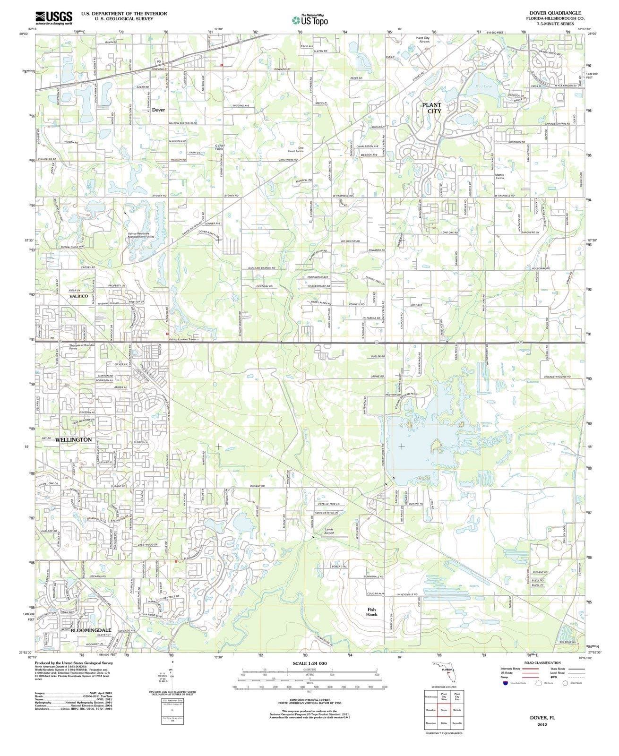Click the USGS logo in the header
(x=54, y=17)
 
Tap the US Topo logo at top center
(x=310, y=20)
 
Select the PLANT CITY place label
(x=431, y=108)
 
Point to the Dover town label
(x=158, y=110)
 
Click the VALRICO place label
(x=78, y=296)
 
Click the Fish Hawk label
(x=371, y=612)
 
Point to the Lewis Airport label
(x=329, y=531)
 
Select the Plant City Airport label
(x=422, y=40)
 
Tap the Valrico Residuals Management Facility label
(x=141, y=235)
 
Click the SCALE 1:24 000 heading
(x=309, y=663)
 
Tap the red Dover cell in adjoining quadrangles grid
(x=444, y=710)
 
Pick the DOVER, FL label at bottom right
(x=542, y=717)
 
